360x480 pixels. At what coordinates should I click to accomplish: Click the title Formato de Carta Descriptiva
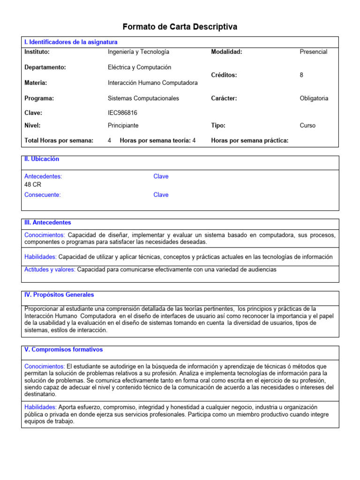pos(180,27)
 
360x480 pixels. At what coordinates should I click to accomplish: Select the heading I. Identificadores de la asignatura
pos(71,42)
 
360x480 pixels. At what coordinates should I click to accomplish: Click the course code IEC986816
pos(122,113)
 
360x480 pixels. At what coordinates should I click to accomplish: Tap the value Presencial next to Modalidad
pos(313,52)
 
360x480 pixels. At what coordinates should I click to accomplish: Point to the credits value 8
pos(301,75)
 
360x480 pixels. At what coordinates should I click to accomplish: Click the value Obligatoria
pos(314,98)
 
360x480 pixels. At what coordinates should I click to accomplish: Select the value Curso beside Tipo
pos(307,126)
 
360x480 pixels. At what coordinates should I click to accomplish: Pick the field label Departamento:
pos(45,67)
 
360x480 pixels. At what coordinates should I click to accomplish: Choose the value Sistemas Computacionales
pos(143,98)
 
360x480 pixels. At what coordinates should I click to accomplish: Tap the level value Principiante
pos(123,126)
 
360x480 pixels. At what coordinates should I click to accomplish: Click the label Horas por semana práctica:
pos(249,140)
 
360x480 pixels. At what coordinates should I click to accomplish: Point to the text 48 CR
pos(33,185)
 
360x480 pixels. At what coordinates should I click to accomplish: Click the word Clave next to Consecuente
pos(161,195)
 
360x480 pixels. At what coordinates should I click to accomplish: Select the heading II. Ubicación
pos(42,159)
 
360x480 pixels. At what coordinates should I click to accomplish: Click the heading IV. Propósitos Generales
pos(59,295)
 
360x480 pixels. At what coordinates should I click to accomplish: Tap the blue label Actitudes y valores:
pos(50,270)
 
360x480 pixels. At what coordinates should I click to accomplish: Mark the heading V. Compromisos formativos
pos(63,350)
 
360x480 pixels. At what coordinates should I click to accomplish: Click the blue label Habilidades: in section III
pos(40,257)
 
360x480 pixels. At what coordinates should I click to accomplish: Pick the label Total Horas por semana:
pos(59,140)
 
